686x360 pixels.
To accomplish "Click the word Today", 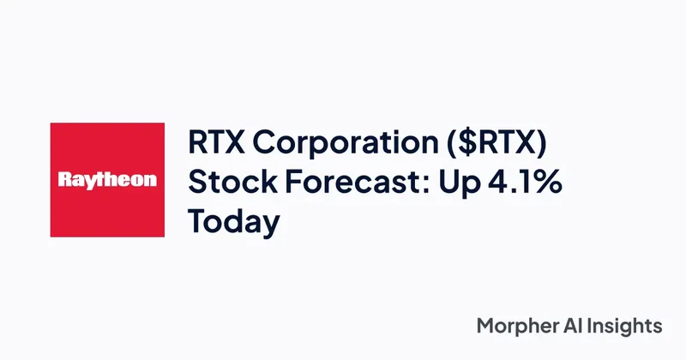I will pos(234,221).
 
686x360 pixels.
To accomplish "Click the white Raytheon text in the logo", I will pos(107,181).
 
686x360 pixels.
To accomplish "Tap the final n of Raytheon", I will pos(151,182).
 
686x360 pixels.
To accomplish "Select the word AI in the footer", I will pos(572,326).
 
